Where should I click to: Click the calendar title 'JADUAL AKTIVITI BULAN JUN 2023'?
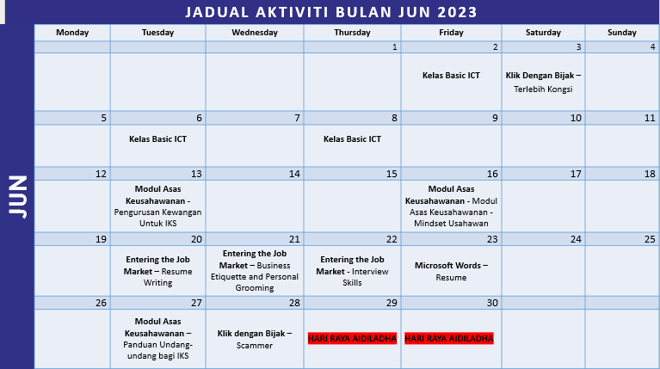tap(330, 12)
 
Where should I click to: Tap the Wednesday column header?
tap(254, 33)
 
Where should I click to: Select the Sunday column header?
tap(622, 33)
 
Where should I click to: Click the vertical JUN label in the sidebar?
tap(17, 197)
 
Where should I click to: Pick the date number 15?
tap(392, 174)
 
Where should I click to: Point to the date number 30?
tap(492, 303)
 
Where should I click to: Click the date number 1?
tap(394, 47)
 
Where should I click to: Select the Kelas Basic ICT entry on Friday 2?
tap(451, 76)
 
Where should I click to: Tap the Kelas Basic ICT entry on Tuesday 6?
tap(157, 138)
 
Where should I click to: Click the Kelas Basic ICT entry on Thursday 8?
tap(352, 138)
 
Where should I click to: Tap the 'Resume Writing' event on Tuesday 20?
tap(157, 270)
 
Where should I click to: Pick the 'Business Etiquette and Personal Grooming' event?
tap(254, 270)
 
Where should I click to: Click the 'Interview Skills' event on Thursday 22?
tap(352, 270)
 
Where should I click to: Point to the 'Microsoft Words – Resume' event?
tap(451, 271)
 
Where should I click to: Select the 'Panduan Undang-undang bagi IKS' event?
tap(157, 339)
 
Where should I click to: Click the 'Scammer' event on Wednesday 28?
tap(254, 339)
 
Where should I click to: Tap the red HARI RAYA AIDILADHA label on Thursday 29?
tap(352, 339)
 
